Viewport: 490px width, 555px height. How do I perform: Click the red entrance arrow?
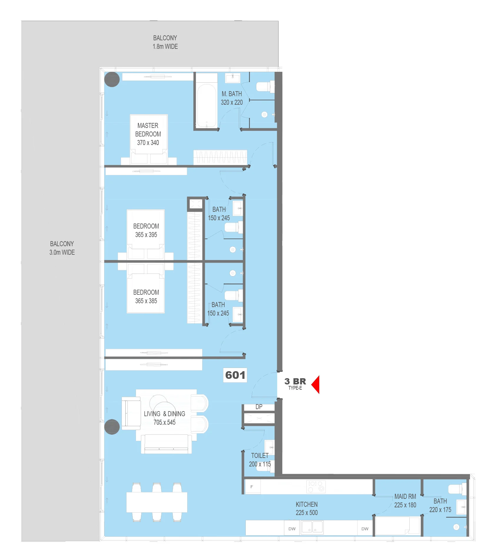point(315,384)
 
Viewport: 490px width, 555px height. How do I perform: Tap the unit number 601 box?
point(235,375)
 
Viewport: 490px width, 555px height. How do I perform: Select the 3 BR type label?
point(295,384)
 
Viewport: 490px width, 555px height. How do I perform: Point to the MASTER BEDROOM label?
point(148,134)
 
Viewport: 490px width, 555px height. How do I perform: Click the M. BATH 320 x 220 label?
point(232,98)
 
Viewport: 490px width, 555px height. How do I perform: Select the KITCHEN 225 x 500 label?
point(307,508)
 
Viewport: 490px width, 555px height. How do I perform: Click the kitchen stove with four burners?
point(316,486)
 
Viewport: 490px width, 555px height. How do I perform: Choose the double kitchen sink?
point(312,527)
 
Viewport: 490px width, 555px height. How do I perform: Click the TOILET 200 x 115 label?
point(260,460)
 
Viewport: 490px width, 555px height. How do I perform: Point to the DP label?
point(259,407)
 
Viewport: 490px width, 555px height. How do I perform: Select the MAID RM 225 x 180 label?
point(405,501)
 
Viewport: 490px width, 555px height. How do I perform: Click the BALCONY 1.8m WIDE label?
point(165,42)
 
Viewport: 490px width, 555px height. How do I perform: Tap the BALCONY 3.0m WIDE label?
point(62,248)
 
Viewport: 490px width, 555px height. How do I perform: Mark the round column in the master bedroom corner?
point(112,79)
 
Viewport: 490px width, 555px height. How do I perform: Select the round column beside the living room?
point(112,427)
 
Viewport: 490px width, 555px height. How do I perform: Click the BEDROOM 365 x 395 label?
point(146,230)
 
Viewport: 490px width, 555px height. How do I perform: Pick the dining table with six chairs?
point(157,502)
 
